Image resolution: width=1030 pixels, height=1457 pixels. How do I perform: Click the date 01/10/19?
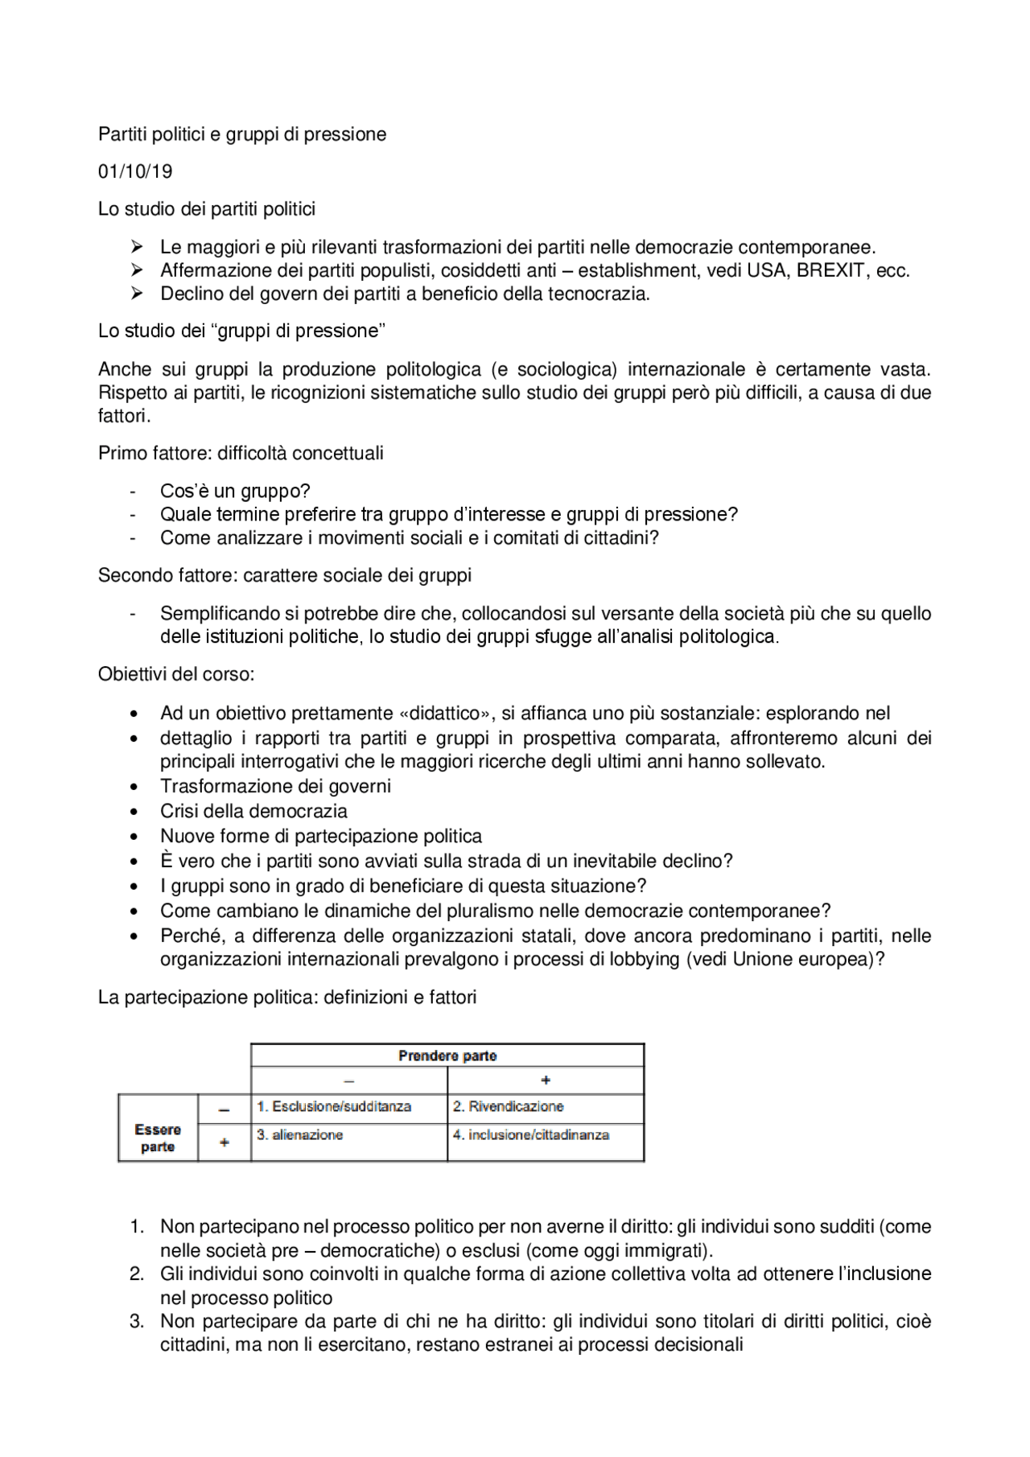click(135, 171)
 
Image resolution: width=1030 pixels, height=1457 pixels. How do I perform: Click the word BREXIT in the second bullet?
click(830, 270)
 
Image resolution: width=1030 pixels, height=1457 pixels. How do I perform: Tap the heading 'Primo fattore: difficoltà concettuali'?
click(241, 453)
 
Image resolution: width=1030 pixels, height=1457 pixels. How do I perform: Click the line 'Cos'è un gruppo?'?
click(235, 491)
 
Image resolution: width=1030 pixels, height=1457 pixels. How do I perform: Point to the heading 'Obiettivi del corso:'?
click(176, 674)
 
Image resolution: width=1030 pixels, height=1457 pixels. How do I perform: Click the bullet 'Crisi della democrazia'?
click(253, 811)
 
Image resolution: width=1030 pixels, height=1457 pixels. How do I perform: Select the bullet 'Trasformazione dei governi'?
click(275, 786)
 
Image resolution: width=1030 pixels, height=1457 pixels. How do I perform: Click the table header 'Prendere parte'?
click(447, 1056)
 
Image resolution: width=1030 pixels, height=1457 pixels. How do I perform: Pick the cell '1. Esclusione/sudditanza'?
click(334, 1106)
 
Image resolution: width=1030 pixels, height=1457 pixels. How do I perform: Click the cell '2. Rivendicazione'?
click(508, 1106)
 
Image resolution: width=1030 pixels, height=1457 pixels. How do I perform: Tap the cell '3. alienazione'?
click(299, 1134)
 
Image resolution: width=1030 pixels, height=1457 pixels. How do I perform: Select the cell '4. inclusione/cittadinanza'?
click(530, 1134)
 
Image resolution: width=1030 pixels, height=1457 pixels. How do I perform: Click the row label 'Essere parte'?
click(158, 1138)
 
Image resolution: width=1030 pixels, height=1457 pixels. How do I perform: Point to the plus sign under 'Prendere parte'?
click(546, 1080)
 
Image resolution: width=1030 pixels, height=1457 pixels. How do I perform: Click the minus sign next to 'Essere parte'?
click(225, 1109)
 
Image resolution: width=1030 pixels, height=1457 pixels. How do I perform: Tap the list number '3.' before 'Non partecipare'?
click(138, 1321)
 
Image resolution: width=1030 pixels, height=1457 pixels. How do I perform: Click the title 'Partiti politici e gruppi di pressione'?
click(242, 134)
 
